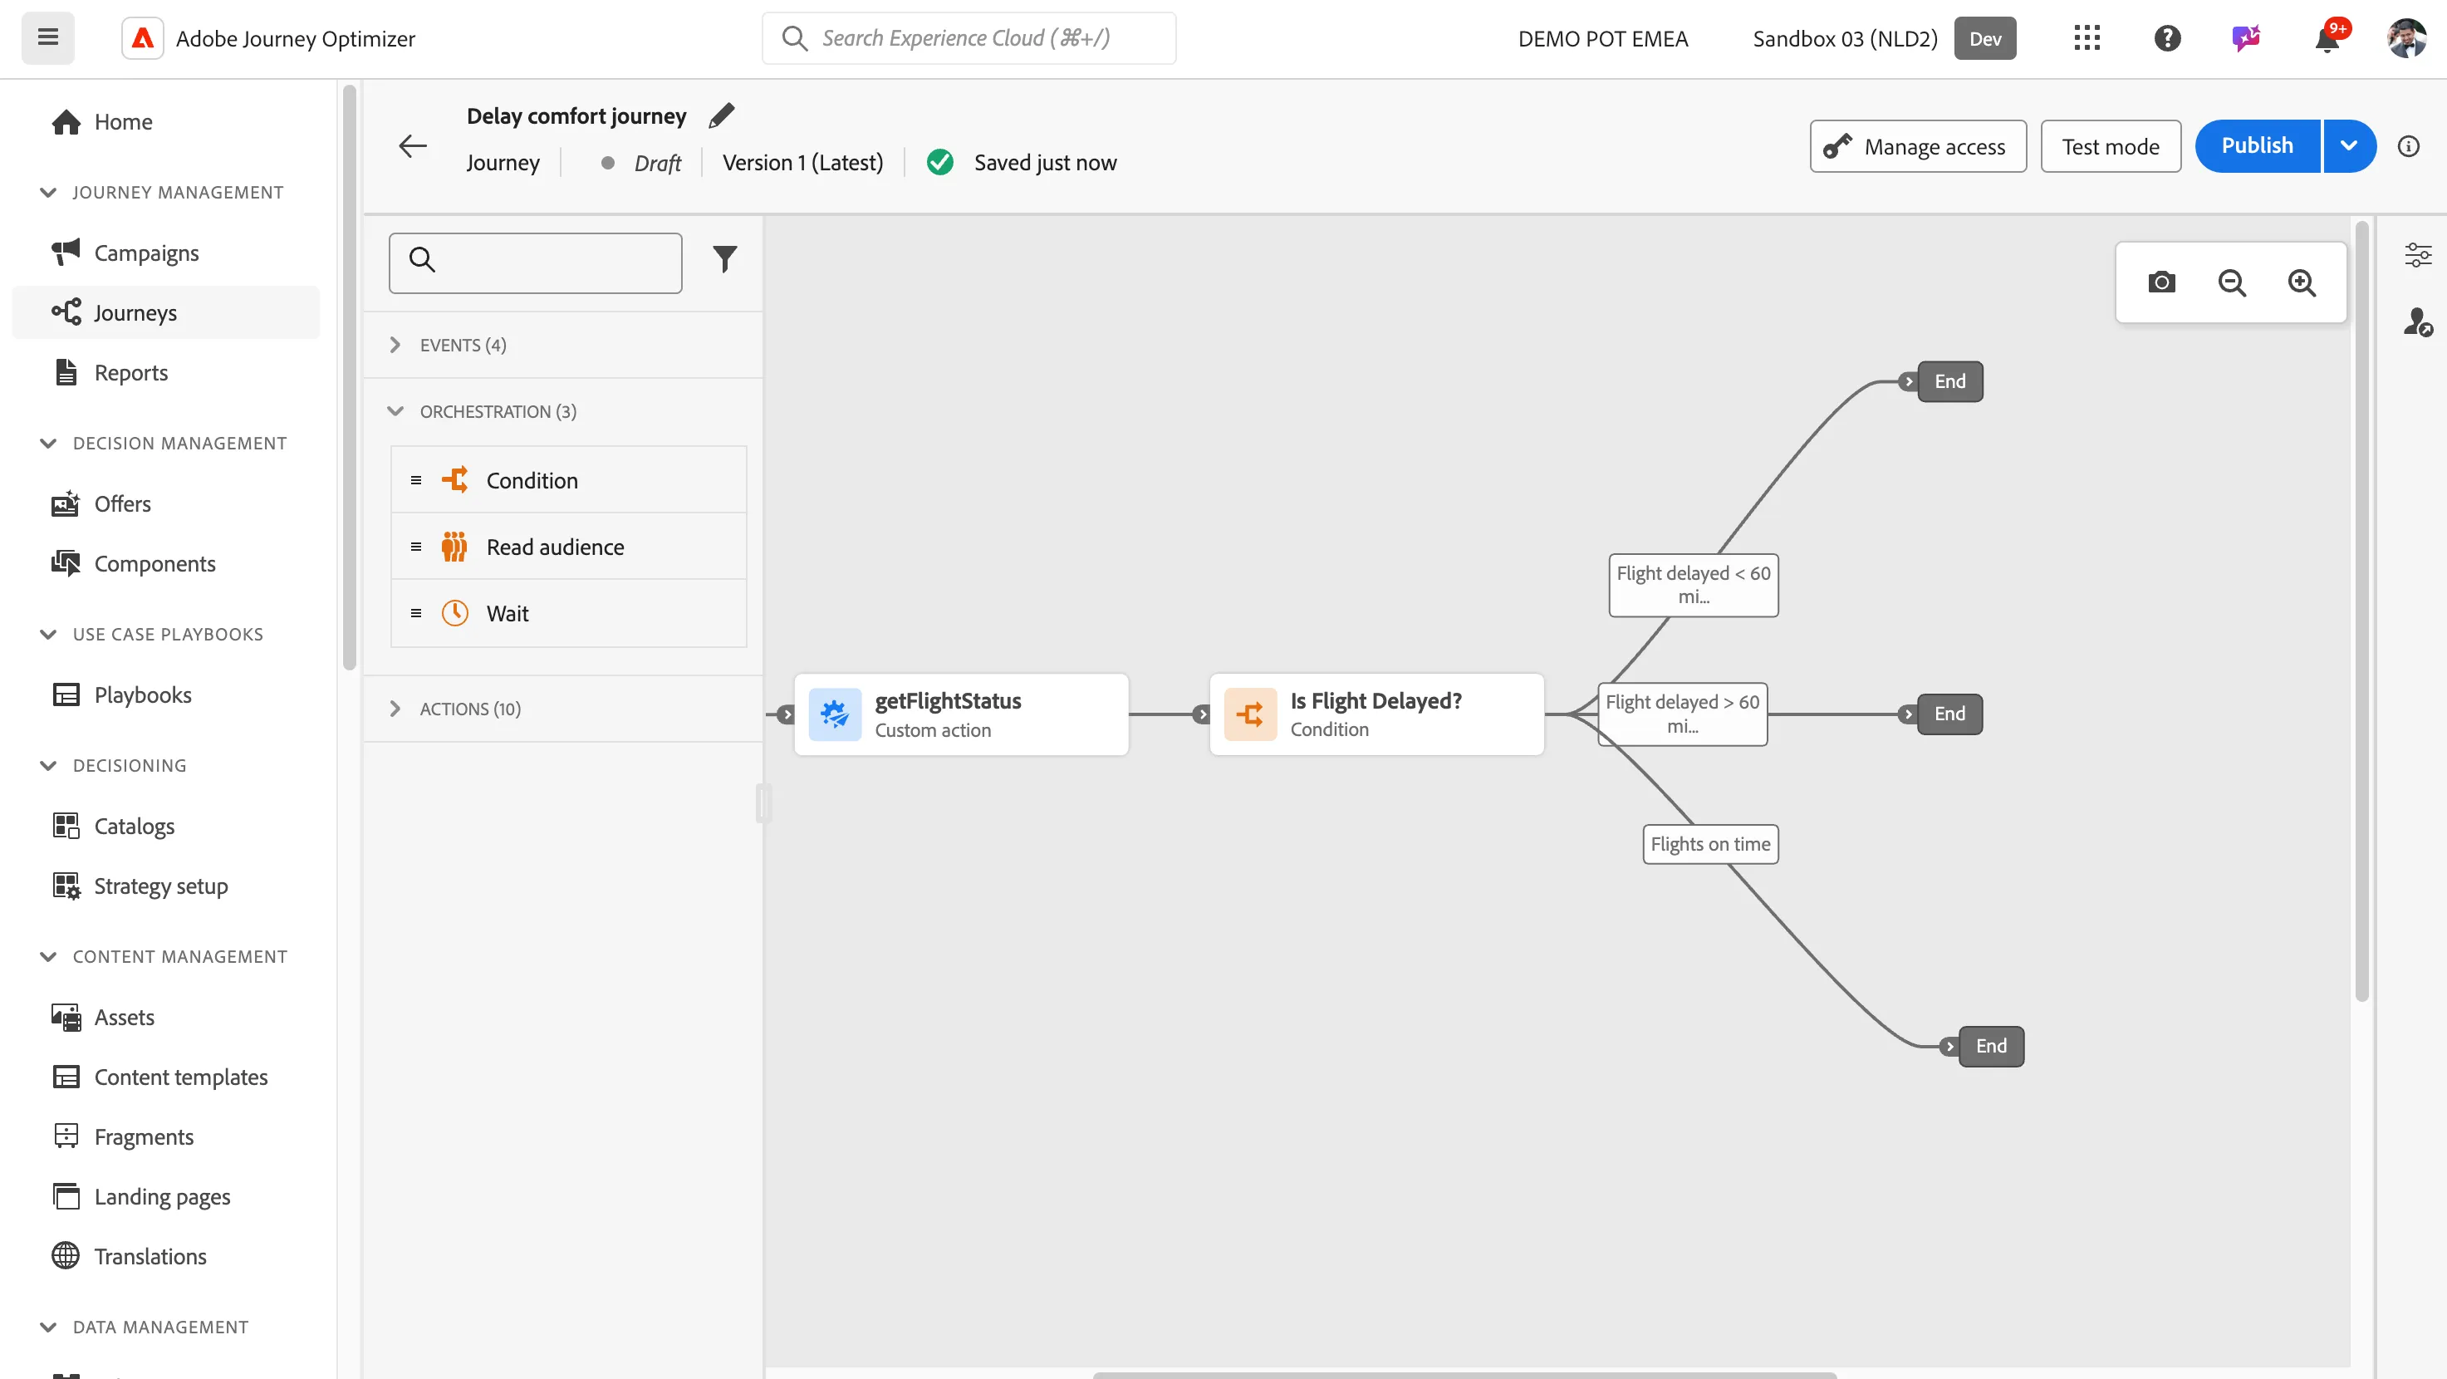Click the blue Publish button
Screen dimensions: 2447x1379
(2257, 146)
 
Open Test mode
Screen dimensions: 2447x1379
(2110, 146)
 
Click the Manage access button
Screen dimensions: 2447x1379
(1918, 146)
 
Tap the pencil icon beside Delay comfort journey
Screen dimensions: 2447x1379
(722, 115)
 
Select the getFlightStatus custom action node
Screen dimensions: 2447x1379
(961, 714)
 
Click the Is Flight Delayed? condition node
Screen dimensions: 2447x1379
(1376, 714)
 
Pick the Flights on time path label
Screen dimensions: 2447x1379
(1710, 844)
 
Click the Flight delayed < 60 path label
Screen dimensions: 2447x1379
(1693, 585)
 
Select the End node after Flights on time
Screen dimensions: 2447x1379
(1991, 1047)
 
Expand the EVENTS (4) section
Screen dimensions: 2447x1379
(463, 345)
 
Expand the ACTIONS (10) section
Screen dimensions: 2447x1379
(470, 709)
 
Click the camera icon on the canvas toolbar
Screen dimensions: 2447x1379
(2161, 282)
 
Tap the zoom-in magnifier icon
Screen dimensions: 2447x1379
(2302, 282)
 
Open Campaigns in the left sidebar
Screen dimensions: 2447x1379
(146, 253)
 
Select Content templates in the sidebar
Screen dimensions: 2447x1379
(180, 1077)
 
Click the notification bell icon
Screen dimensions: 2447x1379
(2327, 39)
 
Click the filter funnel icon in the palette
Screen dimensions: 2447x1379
(725, 259)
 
